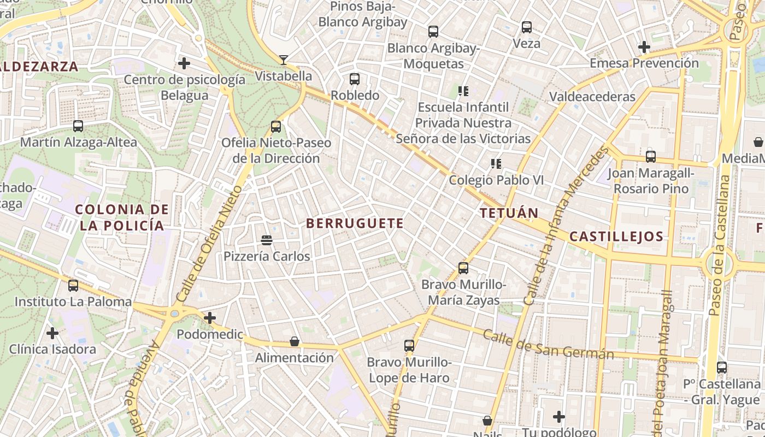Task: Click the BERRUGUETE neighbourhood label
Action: click(x=355, y=223)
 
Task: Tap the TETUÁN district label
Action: click(x=509, y=214)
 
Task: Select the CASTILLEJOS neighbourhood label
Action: click(x=616, y=237)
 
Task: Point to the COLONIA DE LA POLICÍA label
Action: click(x=122, y=217)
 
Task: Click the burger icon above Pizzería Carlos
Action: click(x=267, y=240)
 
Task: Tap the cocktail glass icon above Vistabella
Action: click(x=284, y=60)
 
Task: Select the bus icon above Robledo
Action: click(x=355, y=79)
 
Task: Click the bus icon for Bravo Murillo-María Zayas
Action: click(x=463, y=268)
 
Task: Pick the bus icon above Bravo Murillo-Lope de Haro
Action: click(x=409, y=346)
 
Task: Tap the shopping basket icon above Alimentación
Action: click(x=295, y=342)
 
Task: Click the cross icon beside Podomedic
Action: click(x=210, y=318)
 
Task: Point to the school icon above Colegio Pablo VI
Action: click(x=496, y=163)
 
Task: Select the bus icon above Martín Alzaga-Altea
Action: click(x=78, y=126)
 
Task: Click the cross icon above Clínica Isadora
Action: click(x=52, y=333)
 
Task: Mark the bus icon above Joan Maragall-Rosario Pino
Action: click(x=650, y=157)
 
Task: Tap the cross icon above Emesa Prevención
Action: click(x=644, y=48)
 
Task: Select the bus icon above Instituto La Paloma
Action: click(x=73, y=286)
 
